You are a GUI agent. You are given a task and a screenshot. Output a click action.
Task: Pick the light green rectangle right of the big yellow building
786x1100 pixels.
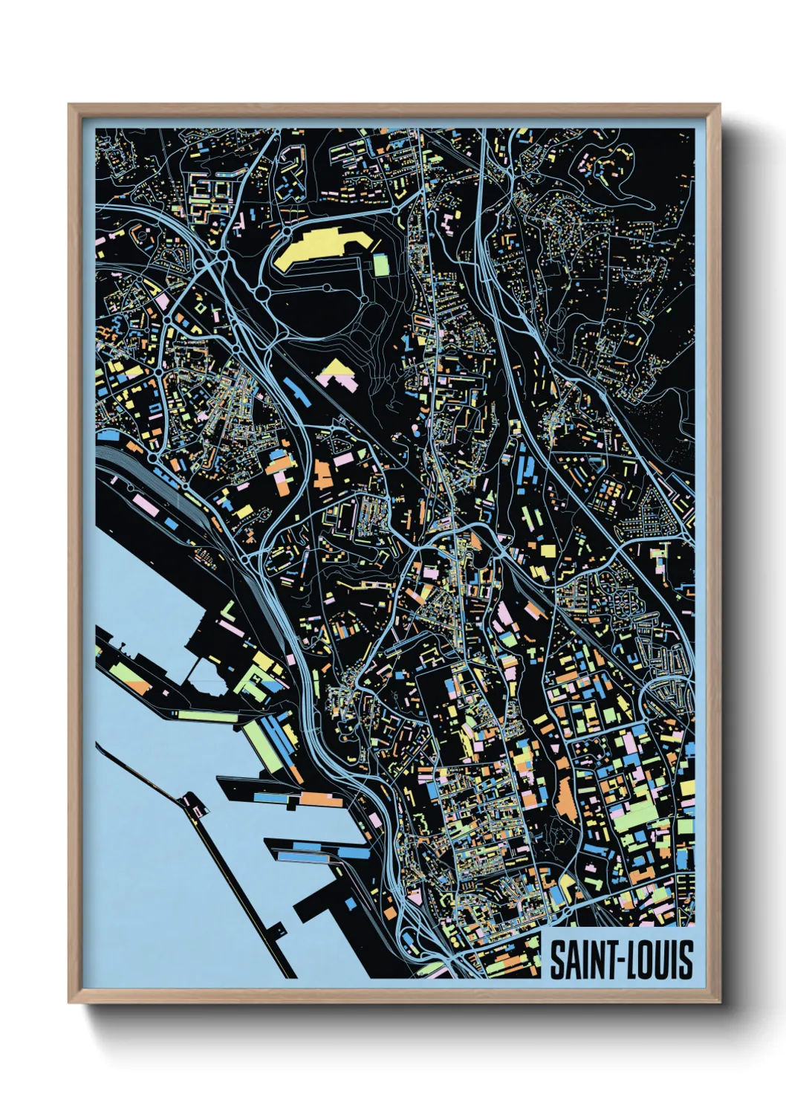click(x=380, y=264)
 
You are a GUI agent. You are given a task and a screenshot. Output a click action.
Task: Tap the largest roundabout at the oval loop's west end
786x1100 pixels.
click(x=262, y=294)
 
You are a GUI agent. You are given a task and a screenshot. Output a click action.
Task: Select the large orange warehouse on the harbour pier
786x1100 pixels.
click(x=319, y=800)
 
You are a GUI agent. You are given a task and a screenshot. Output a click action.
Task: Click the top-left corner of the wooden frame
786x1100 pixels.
click(x=69, y=105)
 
